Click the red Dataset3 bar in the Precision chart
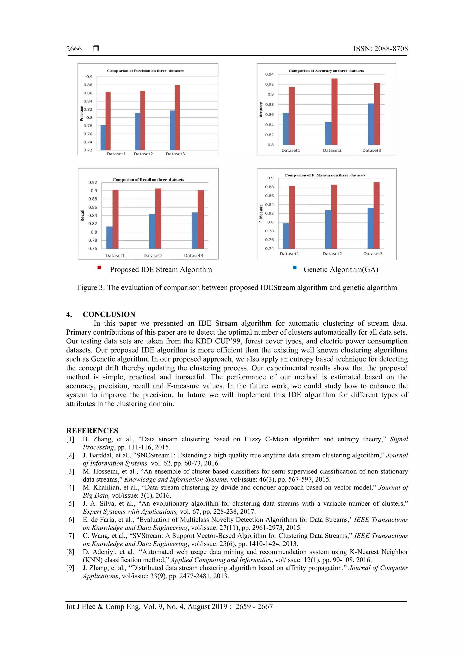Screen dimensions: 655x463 177,117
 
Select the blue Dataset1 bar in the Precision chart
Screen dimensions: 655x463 103,137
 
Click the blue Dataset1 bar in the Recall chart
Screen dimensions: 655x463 109,237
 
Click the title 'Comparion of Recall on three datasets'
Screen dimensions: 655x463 148,180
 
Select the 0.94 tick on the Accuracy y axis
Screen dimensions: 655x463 269,74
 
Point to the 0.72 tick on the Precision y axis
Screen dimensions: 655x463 88,150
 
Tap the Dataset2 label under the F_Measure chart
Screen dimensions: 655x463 332,254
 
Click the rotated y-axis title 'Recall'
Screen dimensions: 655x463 83,215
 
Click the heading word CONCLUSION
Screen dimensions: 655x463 109,314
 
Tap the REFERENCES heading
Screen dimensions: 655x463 92,430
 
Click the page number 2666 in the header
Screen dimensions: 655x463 74,49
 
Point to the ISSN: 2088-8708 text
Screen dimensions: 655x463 380,49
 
